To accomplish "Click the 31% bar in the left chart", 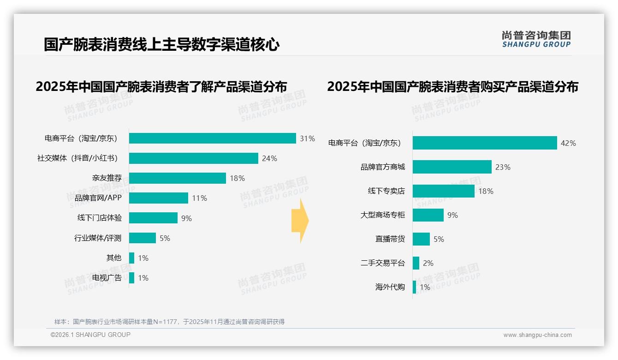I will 212,138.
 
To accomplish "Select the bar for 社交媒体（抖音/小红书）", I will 193,158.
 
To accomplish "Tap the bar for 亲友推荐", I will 177,178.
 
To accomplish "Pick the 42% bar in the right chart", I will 485,143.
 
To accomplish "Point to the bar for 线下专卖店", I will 443,191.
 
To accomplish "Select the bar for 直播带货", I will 421,239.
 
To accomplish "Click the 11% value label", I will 199,198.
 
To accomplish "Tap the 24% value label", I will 269,158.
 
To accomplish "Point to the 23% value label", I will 503,167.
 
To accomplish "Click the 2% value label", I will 428,263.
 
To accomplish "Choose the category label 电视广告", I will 107,278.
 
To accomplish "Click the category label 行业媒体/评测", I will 98,238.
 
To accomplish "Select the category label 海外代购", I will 390,287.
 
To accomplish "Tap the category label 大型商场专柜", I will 382,215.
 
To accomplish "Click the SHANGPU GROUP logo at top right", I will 536,39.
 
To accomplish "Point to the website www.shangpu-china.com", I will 537,335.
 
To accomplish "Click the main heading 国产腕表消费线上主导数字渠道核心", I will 161,45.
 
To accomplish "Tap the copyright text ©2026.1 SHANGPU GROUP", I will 90,335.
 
